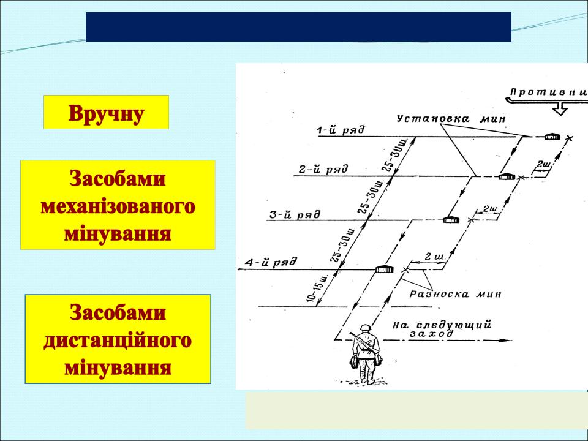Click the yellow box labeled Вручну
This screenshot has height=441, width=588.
pos(106,112)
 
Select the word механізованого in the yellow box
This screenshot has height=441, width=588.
pos(118,206)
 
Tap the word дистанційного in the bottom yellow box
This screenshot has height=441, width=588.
pos(118,341)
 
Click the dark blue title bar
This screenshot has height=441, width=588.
pos(298,26)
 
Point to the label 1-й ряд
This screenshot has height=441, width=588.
pos(341,130)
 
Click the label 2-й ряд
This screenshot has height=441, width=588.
pos(323,170)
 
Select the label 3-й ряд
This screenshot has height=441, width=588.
pos(295,215)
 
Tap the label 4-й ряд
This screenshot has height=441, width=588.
pos(271,262)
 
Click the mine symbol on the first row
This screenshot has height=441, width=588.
pos(552,137)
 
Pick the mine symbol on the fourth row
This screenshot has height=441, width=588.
pos(385,269)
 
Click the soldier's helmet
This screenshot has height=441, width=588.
pos(365,328)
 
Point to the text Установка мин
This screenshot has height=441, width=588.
pos(451,119)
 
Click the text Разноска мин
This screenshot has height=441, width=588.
pos(455,294)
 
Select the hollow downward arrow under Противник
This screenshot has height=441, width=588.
pos(560,110)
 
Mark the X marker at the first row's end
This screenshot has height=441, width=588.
pos(569,138)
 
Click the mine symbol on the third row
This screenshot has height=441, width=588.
pos(451,220)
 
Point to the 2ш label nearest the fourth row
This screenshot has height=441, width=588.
pos(434,257)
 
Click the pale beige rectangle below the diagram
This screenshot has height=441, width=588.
pos(417,410)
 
